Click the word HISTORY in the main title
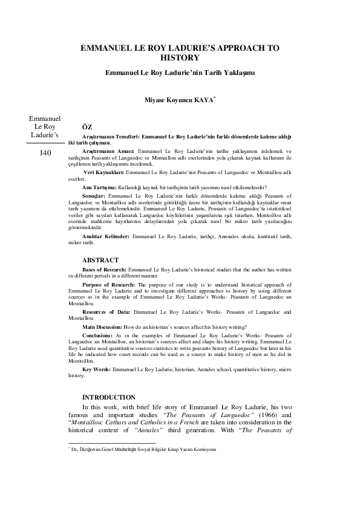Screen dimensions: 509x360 point(180,58)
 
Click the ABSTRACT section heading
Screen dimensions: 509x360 point(100,276)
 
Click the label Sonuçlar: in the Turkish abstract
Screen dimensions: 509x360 point(96,196)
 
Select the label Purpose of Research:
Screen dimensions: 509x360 point(108,301)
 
